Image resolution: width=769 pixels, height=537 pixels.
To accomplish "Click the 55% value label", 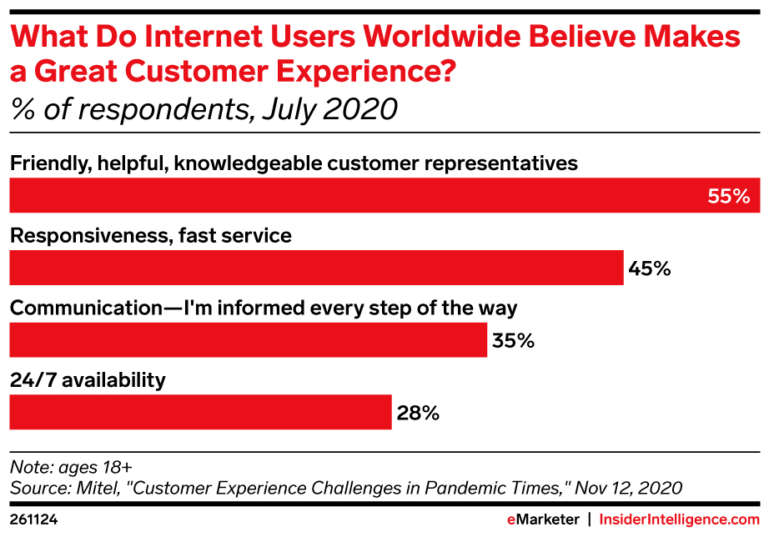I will click(x=729, y=198).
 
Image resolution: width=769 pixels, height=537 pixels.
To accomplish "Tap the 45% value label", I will click(x=650, y=269).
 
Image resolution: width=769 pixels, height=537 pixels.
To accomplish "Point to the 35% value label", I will click(x=512, y=341).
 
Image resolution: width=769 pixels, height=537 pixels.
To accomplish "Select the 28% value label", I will click(x=418, y=413).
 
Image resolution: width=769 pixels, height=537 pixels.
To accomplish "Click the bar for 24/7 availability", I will click(x=200, y=413).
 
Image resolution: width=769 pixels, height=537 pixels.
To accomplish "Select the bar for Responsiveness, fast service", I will click(x=316, y=268).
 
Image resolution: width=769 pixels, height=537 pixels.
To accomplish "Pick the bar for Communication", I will click(x=248, y=340).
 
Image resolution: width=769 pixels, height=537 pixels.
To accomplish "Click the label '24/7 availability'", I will click(x=88, y=380).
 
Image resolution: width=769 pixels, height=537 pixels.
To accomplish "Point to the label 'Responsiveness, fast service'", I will click(x=151, y=236).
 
